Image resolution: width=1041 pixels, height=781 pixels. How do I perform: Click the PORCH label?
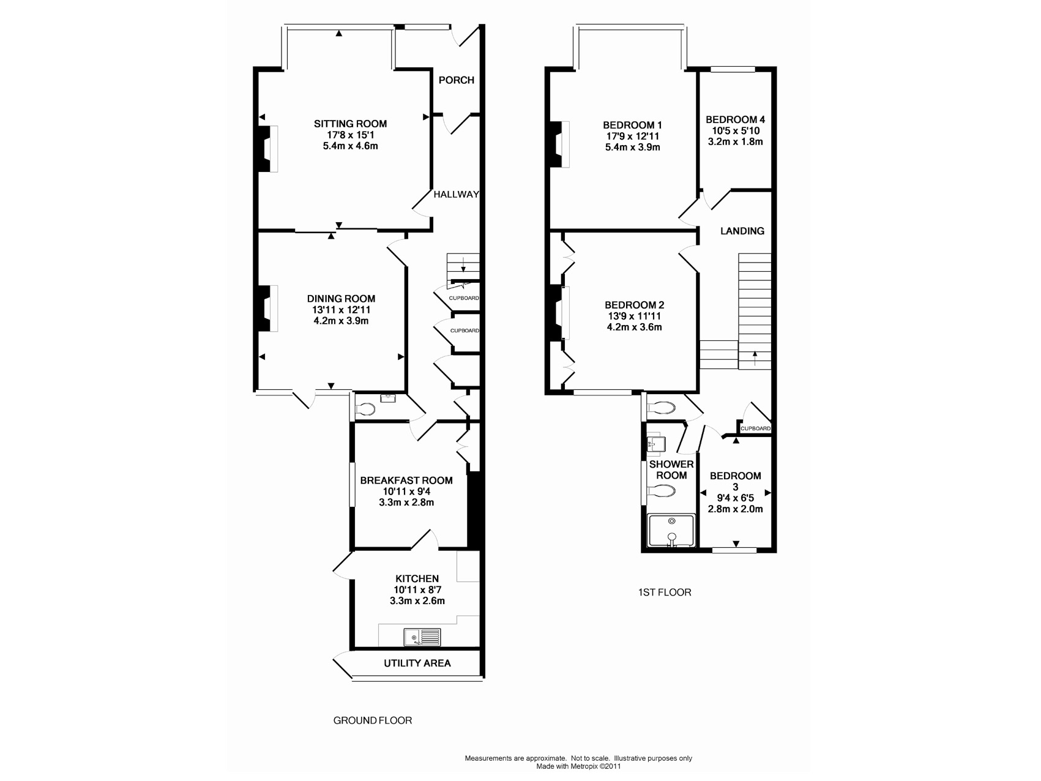pyautogui.click(x=457, y=80)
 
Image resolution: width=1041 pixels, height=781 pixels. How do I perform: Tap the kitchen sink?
pyautogui.click(x=422, y=637)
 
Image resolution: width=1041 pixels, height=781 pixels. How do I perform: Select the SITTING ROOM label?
pyautogui.click(x=351, y=124)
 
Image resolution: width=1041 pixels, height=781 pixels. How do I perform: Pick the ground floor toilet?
pyautogui.click(x=366, y=408)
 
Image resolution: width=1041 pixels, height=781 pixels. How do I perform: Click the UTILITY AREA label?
pyautogui.click(x=417, y=663)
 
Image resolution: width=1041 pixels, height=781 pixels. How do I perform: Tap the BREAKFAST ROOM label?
pyautogui.click(x=406, y=480)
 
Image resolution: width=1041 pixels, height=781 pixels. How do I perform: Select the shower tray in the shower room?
pyautogui.click(x=671, y=530)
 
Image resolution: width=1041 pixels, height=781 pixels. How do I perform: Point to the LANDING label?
pyautogui.click(x=742, y=231)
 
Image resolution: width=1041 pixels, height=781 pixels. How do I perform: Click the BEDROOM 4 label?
pyautogui.click(x=735, y=119)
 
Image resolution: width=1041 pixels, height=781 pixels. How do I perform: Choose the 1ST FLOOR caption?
pyautogui.click(x=665, y=592)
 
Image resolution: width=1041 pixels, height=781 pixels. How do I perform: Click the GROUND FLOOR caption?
pyautogui.click(x=373, y=720)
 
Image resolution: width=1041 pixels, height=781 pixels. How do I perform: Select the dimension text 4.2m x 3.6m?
pyautogui.click(x=635, y=327)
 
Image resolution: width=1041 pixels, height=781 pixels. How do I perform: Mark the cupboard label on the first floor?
pyautogui.click(x=755, y=428)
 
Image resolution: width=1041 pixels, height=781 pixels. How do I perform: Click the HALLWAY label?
pyautogui.click(x=456, y=194)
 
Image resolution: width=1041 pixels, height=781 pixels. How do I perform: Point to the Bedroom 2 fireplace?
pyautogui.click(x=560, y=313)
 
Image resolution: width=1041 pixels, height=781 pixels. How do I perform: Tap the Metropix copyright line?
pyautogui.click(x=578, y=766)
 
